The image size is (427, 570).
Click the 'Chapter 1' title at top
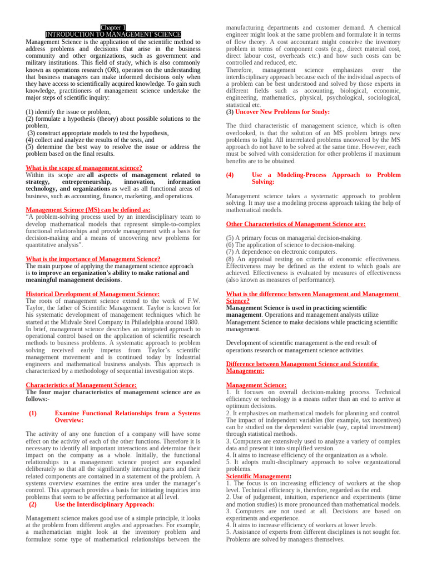click(x=113, y=27)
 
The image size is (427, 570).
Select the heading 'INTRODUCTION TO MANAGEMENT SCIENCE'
click(x=113, y=35)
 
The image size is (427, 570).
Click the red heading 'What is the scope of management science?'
click(x=84, y=168)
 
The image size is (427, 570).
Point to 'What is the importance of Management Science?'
click(x=93, y=259)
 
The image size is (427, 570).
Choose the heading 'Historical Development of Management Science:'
click(x=93, y=294)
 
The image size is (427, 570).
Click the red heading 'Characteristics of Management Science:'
click(x=81, y=385)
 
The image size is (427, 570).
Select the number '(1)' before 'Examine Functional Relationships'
click(x=32, y=413)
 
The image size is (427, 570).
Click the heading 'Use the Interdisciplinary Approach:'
click(x=105, y=504)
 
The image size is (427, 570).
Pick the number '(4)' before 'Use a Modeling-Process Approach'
click(x=230, y=175)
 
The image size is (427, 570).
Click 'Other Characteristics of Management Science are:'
click(x=296, y=224)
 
